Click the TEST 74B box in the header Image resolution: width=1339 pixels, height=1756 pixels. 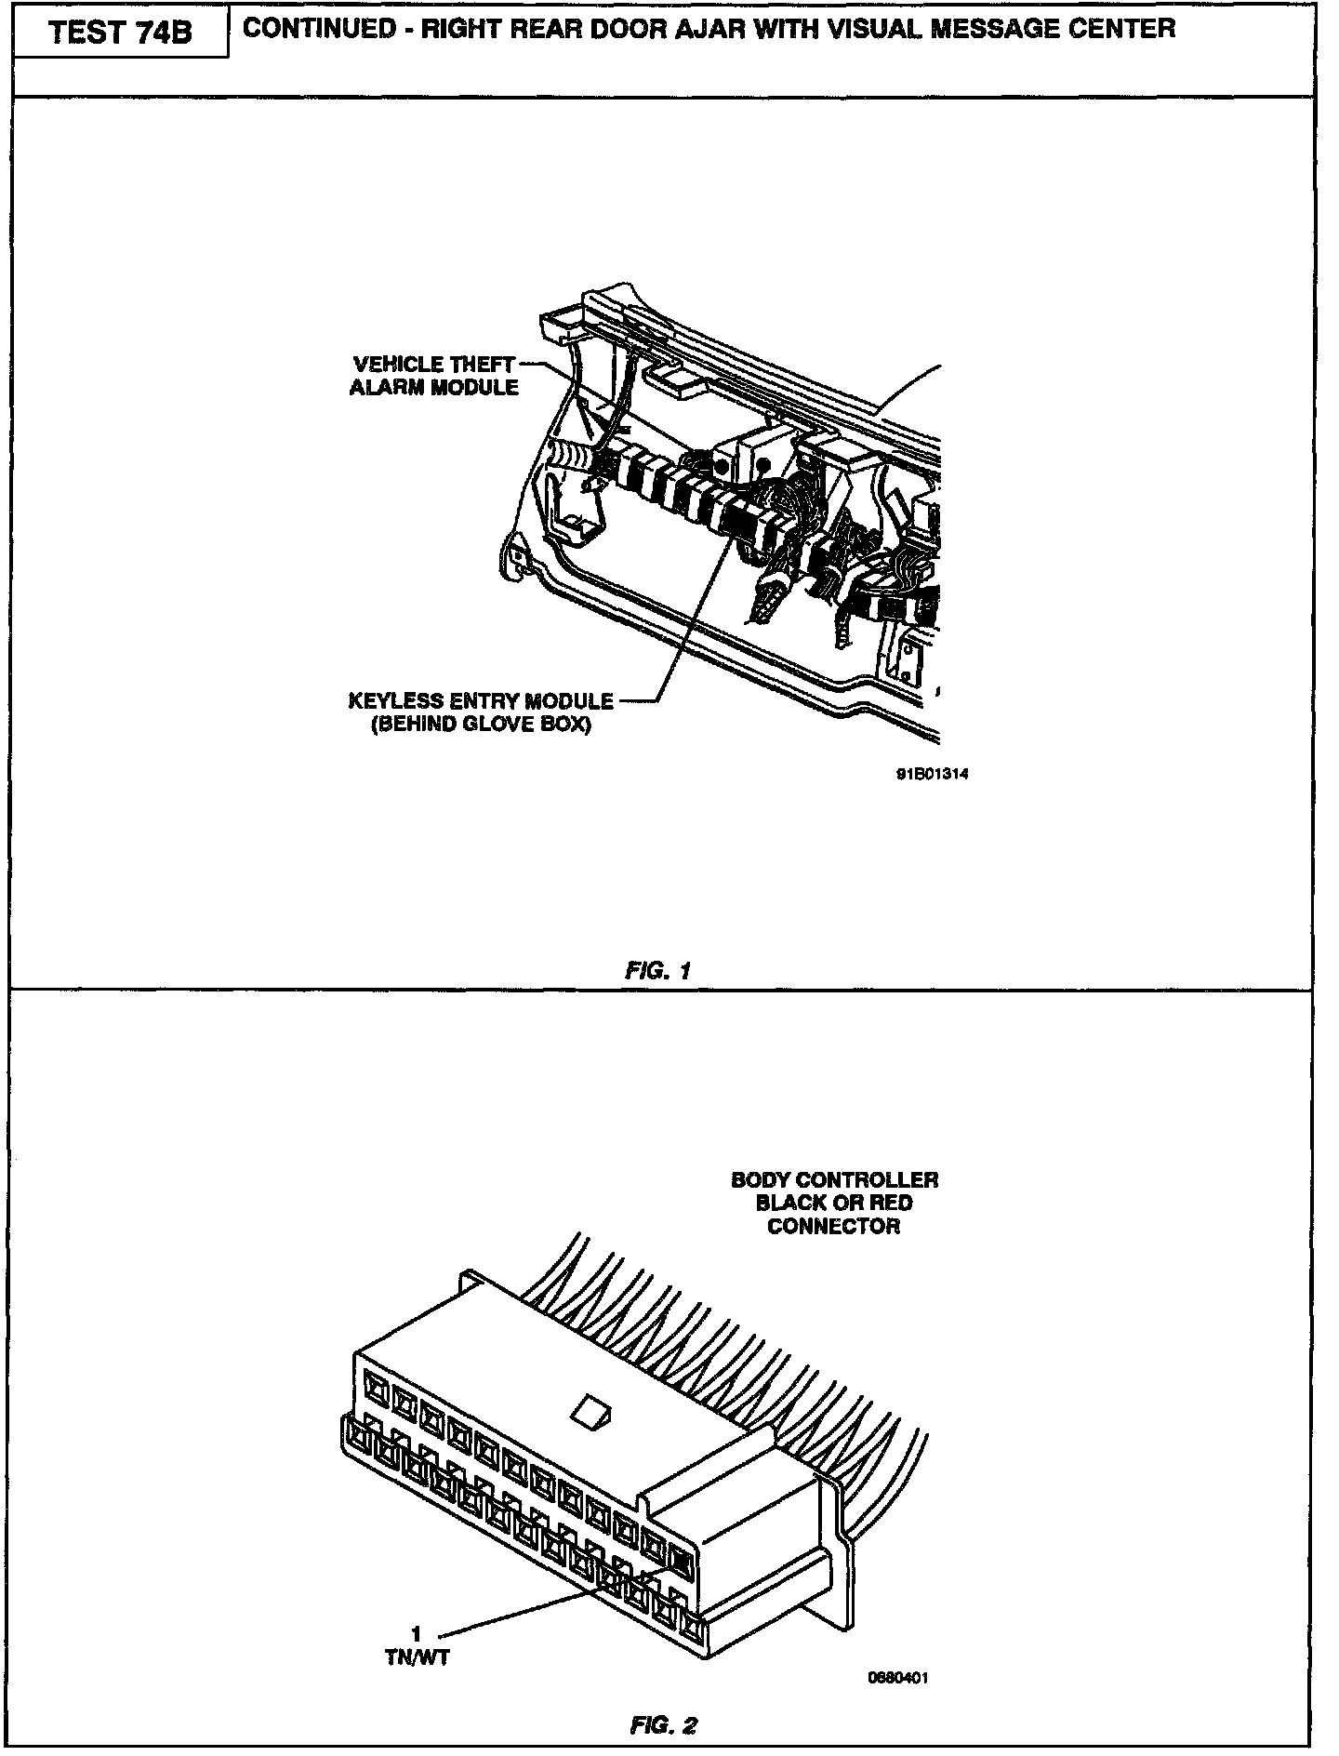[x=120, y=33]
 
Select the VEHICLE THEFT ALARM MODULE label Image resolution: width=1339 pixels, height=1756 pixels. [x=434, y=376]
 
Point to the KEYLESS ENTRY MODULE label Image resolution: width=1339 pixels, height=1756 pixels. [x=481, y=700]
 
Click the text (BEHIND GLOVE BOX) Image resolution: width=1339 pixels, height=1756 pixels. [x=481, y=725]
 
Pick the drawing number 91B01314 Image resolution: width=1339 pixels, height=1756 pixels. [x=925, y=773]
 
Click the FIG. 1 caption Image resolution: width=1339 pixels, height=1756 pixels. [x=658, y=971]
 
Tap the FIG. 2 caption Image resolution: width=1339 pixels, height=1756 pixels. [x=663, y=1726]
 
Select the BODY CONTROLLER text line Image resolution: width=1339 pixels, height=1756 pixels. [x=834, y=1180]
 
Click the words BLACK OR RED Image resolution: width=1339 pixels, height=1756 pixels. [x=834, y=1203]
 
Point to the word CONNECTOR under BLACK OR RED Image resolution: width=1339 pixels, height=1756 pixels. [x=834, y=1226]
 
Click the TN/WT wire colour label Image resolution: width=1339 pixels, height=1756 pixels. [x=418, y=1656]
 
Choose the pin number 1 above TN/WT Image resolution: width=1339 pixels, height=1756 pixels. [x=417, y=1633]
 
